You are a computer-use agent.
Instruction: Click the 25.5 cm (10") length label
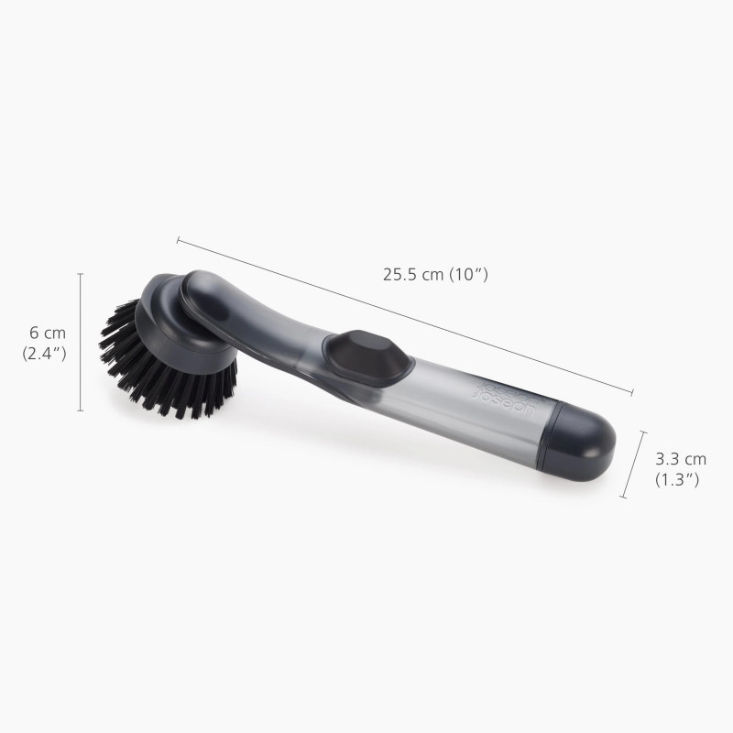tap(435, 274)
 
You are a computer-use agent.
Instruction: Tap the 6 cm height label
tap(49, 333)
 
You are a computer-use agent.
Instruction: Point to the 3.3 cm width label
tap(681, 459)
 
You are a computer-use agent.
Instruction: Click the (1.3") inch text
tap(677, 479)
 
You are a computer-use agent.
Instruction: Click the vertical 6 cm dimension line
tap(81, 344)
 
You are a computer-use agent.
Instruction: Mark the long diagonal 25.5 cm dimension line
tap(403, 317)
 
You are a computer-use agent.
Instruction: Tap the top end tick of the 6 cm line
tap(81, 274)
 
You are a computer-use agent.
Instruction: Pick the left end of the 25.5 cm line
tap(178, 241)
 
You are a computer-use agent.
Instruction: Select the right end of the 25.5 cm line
tap(632, 394)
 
